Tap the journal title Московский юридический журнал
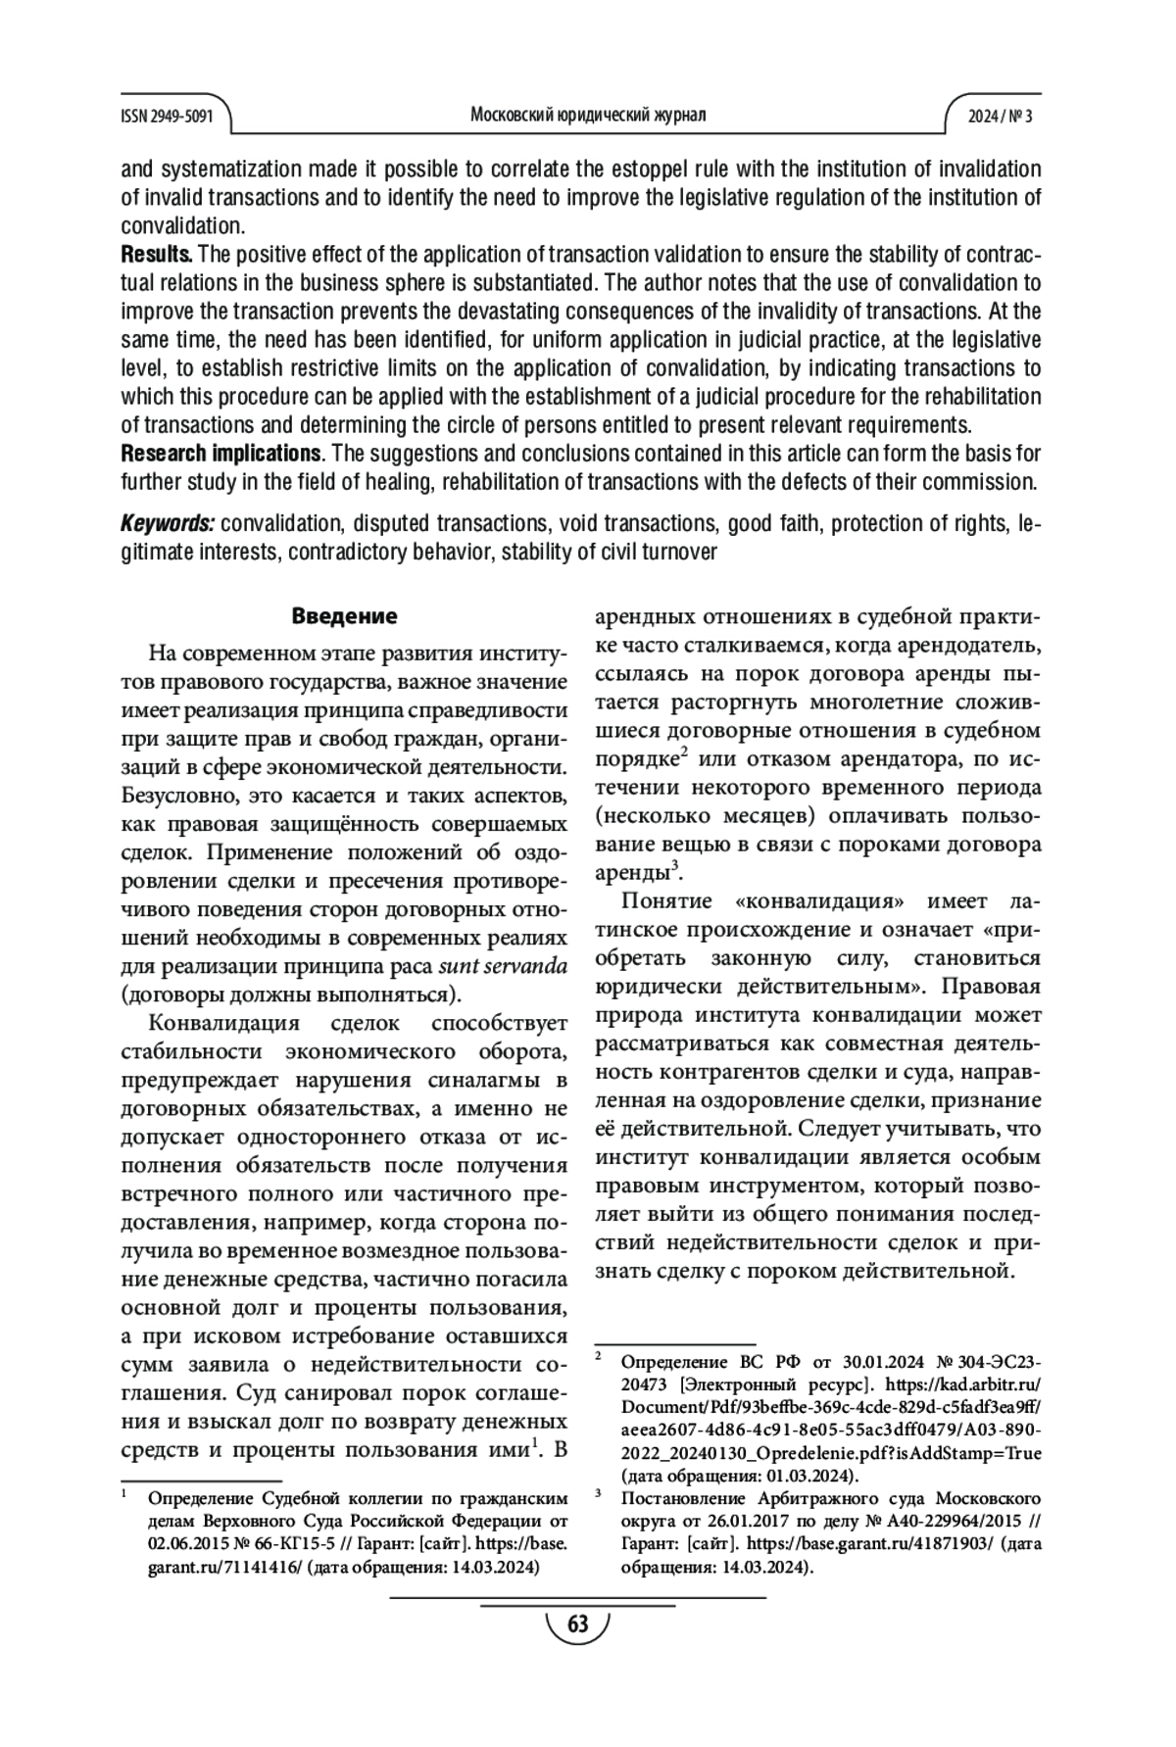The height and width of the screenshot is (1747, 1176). (588, 115)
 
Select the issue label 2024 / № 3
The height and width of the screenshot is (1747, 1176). (1000, 116)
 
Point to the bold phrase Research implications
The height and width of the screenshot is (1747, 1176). (220, 454)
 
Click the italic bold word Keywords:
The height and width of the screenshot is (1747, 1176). (167, 523)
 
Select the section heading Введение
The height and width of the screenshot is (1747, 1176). (344, 616)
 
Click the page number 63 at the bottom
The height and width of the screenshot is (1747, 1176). (578, 1624)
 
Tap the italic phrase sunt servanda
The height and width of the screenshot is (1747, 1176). (503, 966)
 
